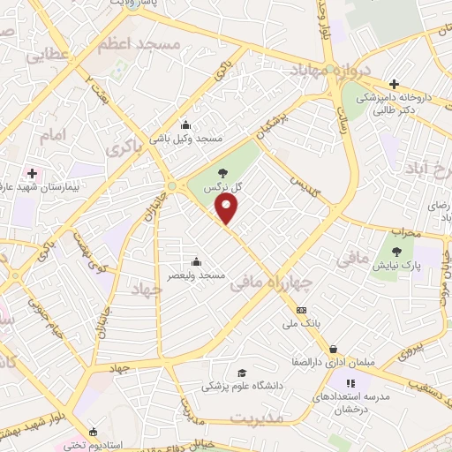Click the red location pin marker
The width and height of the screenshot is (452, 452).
tap(228, 209)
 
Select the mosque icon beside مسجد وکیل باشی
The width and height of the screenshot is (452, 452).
tap(185, 124)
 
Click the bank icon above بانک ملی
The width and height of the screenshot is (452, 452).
tap(302, 311)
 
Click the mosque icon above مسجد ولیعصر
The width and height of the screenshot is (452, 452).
tap(196, 261)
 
